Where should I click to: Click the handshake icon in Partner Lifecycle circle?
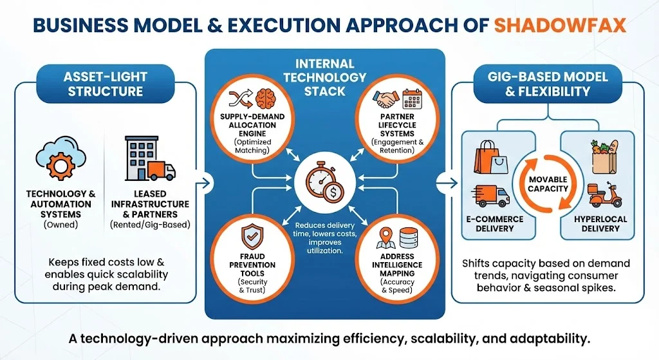click(x=388, y=99)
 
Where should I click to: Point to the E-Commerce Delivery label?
click(x=496, y=223)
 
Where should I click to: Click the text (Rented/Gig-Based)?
click(x=149, y=225)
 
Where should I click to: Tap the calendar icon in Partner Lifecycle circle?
click(x=411, y=99)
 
